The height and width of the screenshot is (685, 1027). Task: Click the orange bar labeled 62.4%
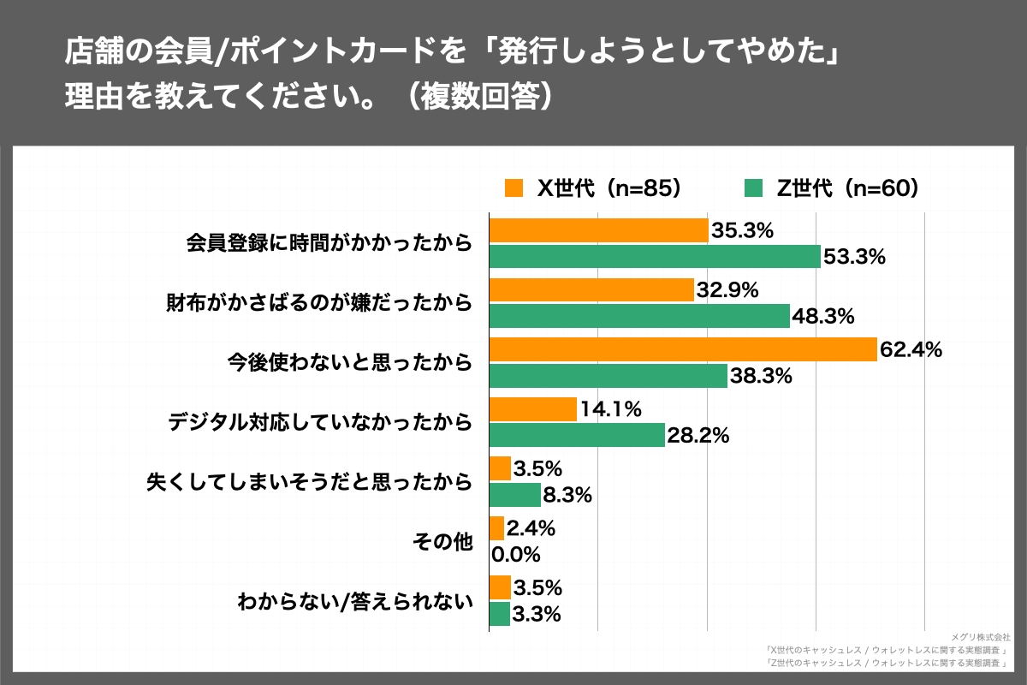[x=682, y=349]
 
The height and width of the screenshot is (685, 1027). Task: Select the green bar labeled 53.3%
[x=654, y=256]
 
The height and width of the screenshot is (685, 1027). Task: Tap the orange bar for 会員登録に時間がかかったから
[x=598, y=230]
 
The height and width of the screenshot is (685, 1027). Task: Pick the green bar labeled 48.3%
[x=638, y=316]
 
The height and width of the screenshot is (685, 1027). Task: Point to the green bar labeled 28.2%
[x=576, y=435]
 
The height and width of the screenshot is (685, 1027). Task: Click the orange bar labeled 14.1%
[x=532, y=409]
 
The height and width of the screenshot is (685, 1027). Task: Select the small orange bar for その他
[x=496, y=528]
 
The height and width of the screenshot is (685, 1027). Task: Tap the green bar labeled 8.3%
[x=514, y=495]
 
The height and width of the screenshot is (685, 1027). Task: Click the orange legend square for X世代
[x=513, y=188]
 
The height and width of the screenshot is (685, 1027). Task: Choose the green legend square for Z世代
[x=753, y=188]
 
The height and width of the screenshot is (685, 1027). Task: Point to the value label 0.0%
[x=516, y=555]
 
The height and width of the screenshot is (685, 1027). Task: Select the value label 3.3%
[x=537, y=614]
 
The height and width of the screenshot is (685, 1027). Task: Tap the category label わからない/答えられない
[x=355, y=601]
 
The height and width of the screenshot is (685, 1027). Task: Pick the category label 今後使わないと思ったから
[x=350, y=362]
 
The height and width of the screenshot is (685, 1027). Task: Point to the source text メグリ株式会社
[x=981, y=637]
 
